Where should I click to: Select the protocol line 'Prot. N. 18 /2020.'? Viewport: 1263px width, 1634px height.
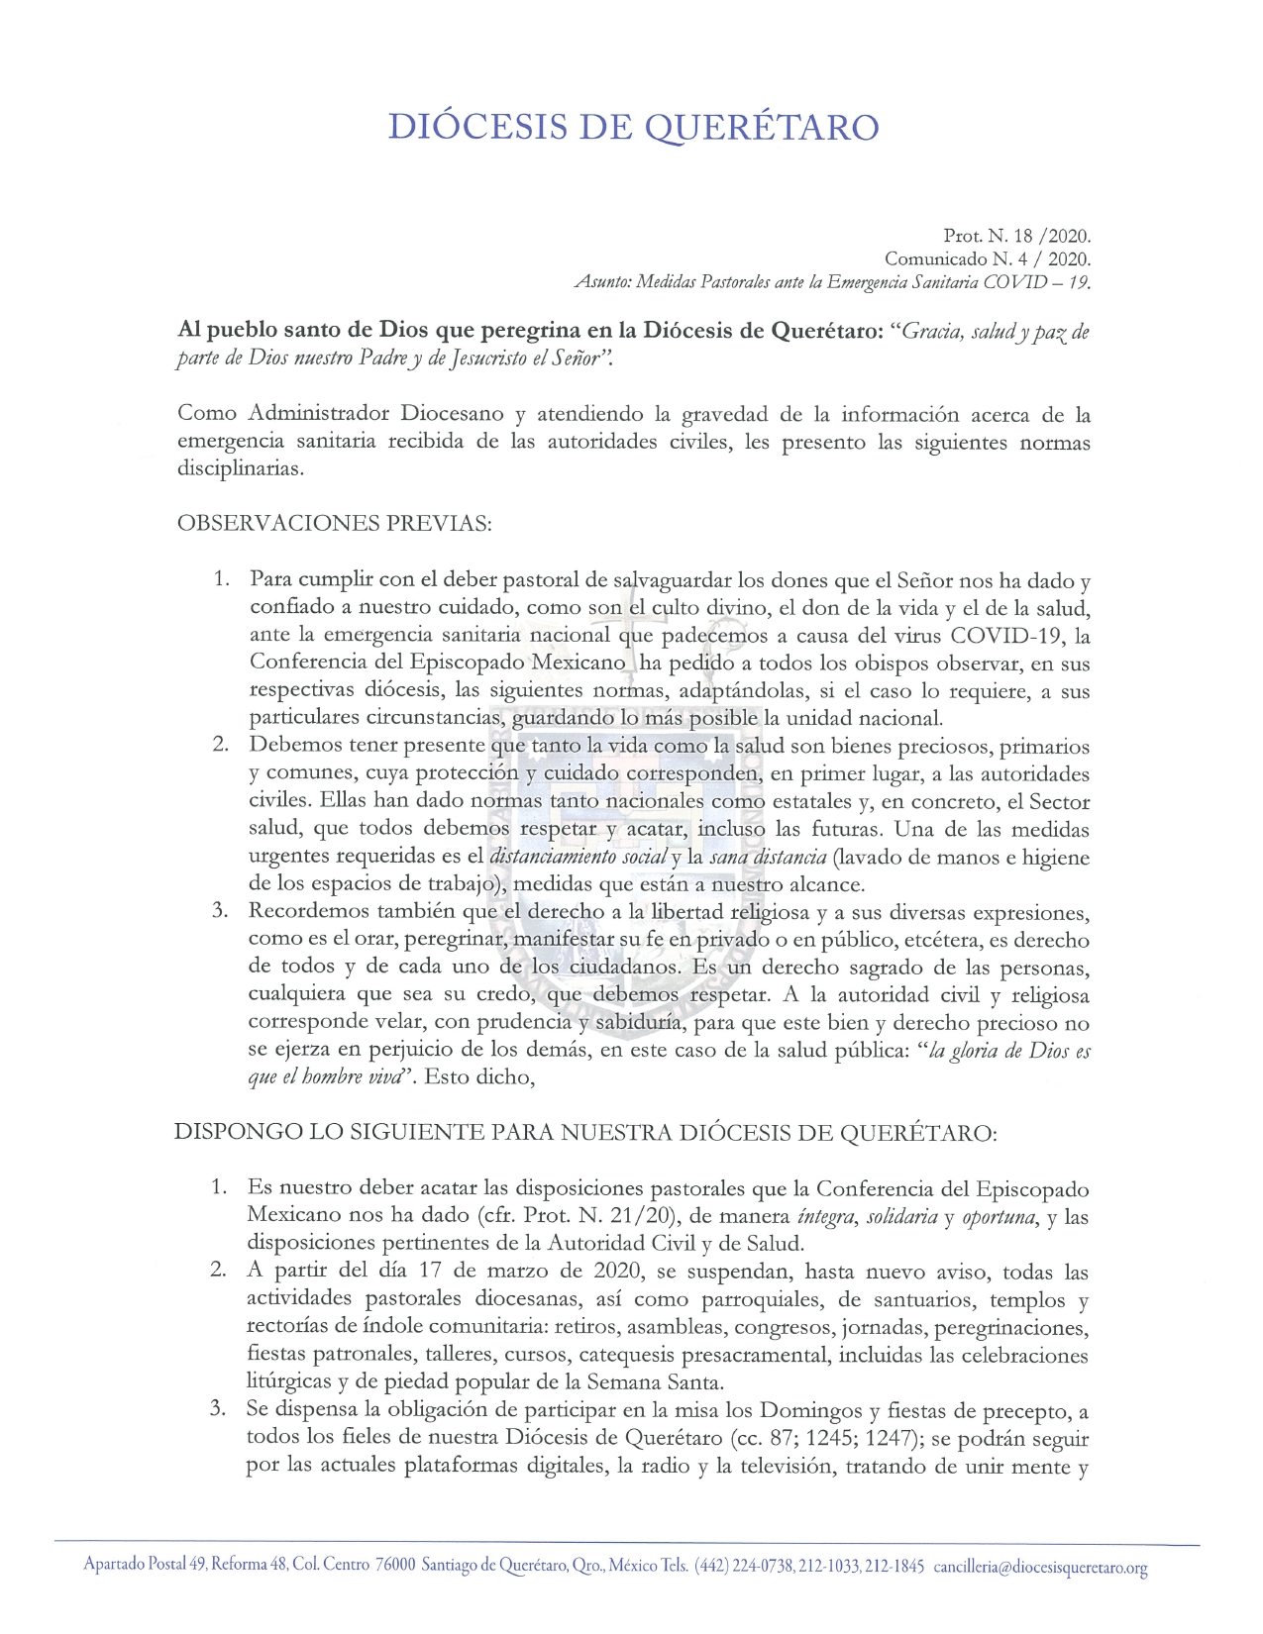(x=1016, y=237)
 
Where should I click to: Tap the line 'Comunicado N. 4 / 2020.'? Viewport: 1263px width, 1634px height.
(x=987, y=259)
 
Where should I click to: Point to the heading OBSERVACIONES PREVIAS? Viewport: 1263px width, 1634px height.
(x=334, y=524)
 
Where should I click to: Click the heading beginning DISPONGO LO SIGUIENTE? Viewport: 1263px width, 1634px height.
(x=585, y=1132)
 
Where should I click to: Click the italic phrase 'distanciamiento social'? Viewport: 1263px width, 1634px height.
(x=578, y=858)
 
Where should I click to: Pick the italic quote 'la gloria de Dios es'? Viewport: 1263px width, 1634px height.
(x=1006, y=1052)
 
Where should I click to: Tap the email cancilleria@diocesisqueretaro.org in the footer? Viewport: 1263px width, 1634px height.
(x=1040, y=1568)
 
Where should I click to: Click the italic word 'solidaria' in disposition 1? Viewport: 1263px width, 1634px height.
(x=901, y=1216)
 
